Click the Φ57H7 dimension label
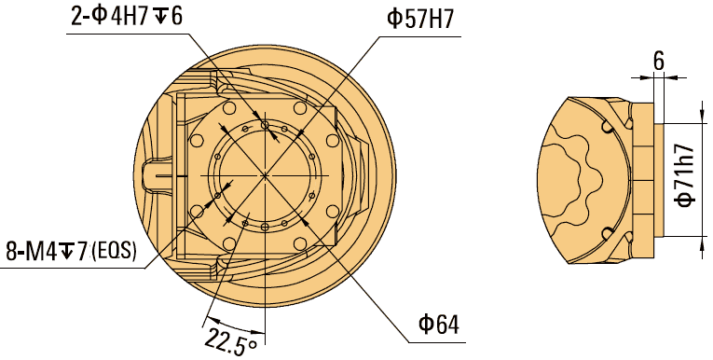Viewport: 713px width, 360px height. click(418, 19)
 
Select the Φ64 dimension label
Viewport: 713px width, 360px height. click(438, 325)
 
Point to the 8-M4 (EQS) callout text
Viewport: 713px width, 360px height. click(71, 251)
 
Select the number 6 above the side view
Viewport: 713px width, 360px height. click(658, 62)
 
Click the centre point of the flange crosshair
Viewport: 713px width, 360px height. click(265, 175)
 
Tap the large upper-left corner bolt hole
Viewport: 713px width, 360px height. click(199, 141)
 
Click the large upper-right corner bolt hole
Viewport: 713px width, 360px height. click(332, 140)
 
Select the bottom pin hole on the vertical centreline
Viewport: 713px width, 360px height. click(265, 227)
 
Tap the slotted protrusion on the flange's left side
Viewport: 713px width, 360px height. click(157, 175)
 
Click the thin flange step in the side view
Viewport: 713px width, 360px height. click(660, 177)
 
